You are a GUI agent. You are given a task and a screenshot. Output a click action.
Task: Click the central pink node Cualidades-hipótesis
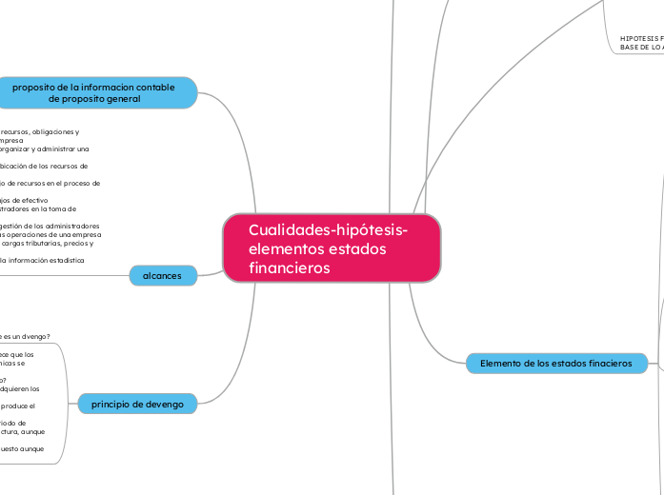pyautogui.click(x=332, y=248)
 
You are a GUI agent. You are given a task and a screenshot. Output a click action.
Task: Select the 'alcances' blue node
pyautogui.click(x=163, y=275)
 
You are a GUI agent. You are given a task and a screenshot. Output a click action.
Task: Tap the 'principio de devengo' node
pyautogui.click(x=137, y=404)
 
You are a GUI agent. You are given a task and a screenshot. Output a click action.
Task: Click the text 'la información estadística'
pyautogui.click(x=43, y=259)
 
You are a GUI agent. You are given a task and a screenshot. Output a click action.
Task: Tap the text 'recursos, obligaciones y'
pyautogui.click(x=40, y=131)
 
